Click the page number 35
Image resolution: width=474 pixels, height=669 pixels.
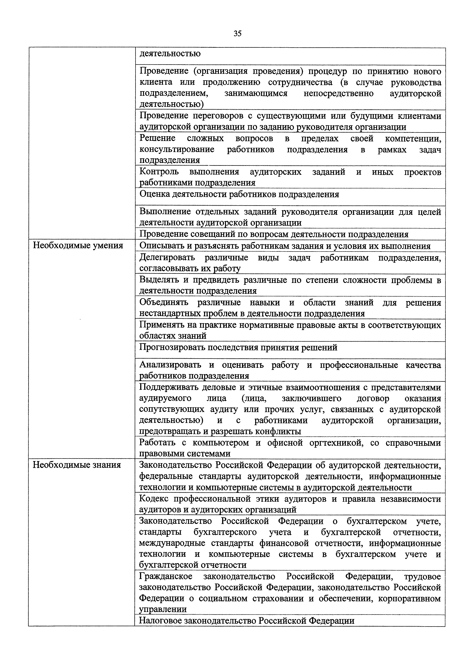point(237,34)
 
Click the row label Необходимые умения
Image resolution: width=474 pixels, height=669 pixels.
point(78,246)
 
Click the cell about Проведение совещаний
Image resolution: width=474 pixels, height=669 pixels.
point(273,234)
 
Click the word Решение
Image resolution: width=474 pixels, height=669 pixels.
point(157,138)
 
